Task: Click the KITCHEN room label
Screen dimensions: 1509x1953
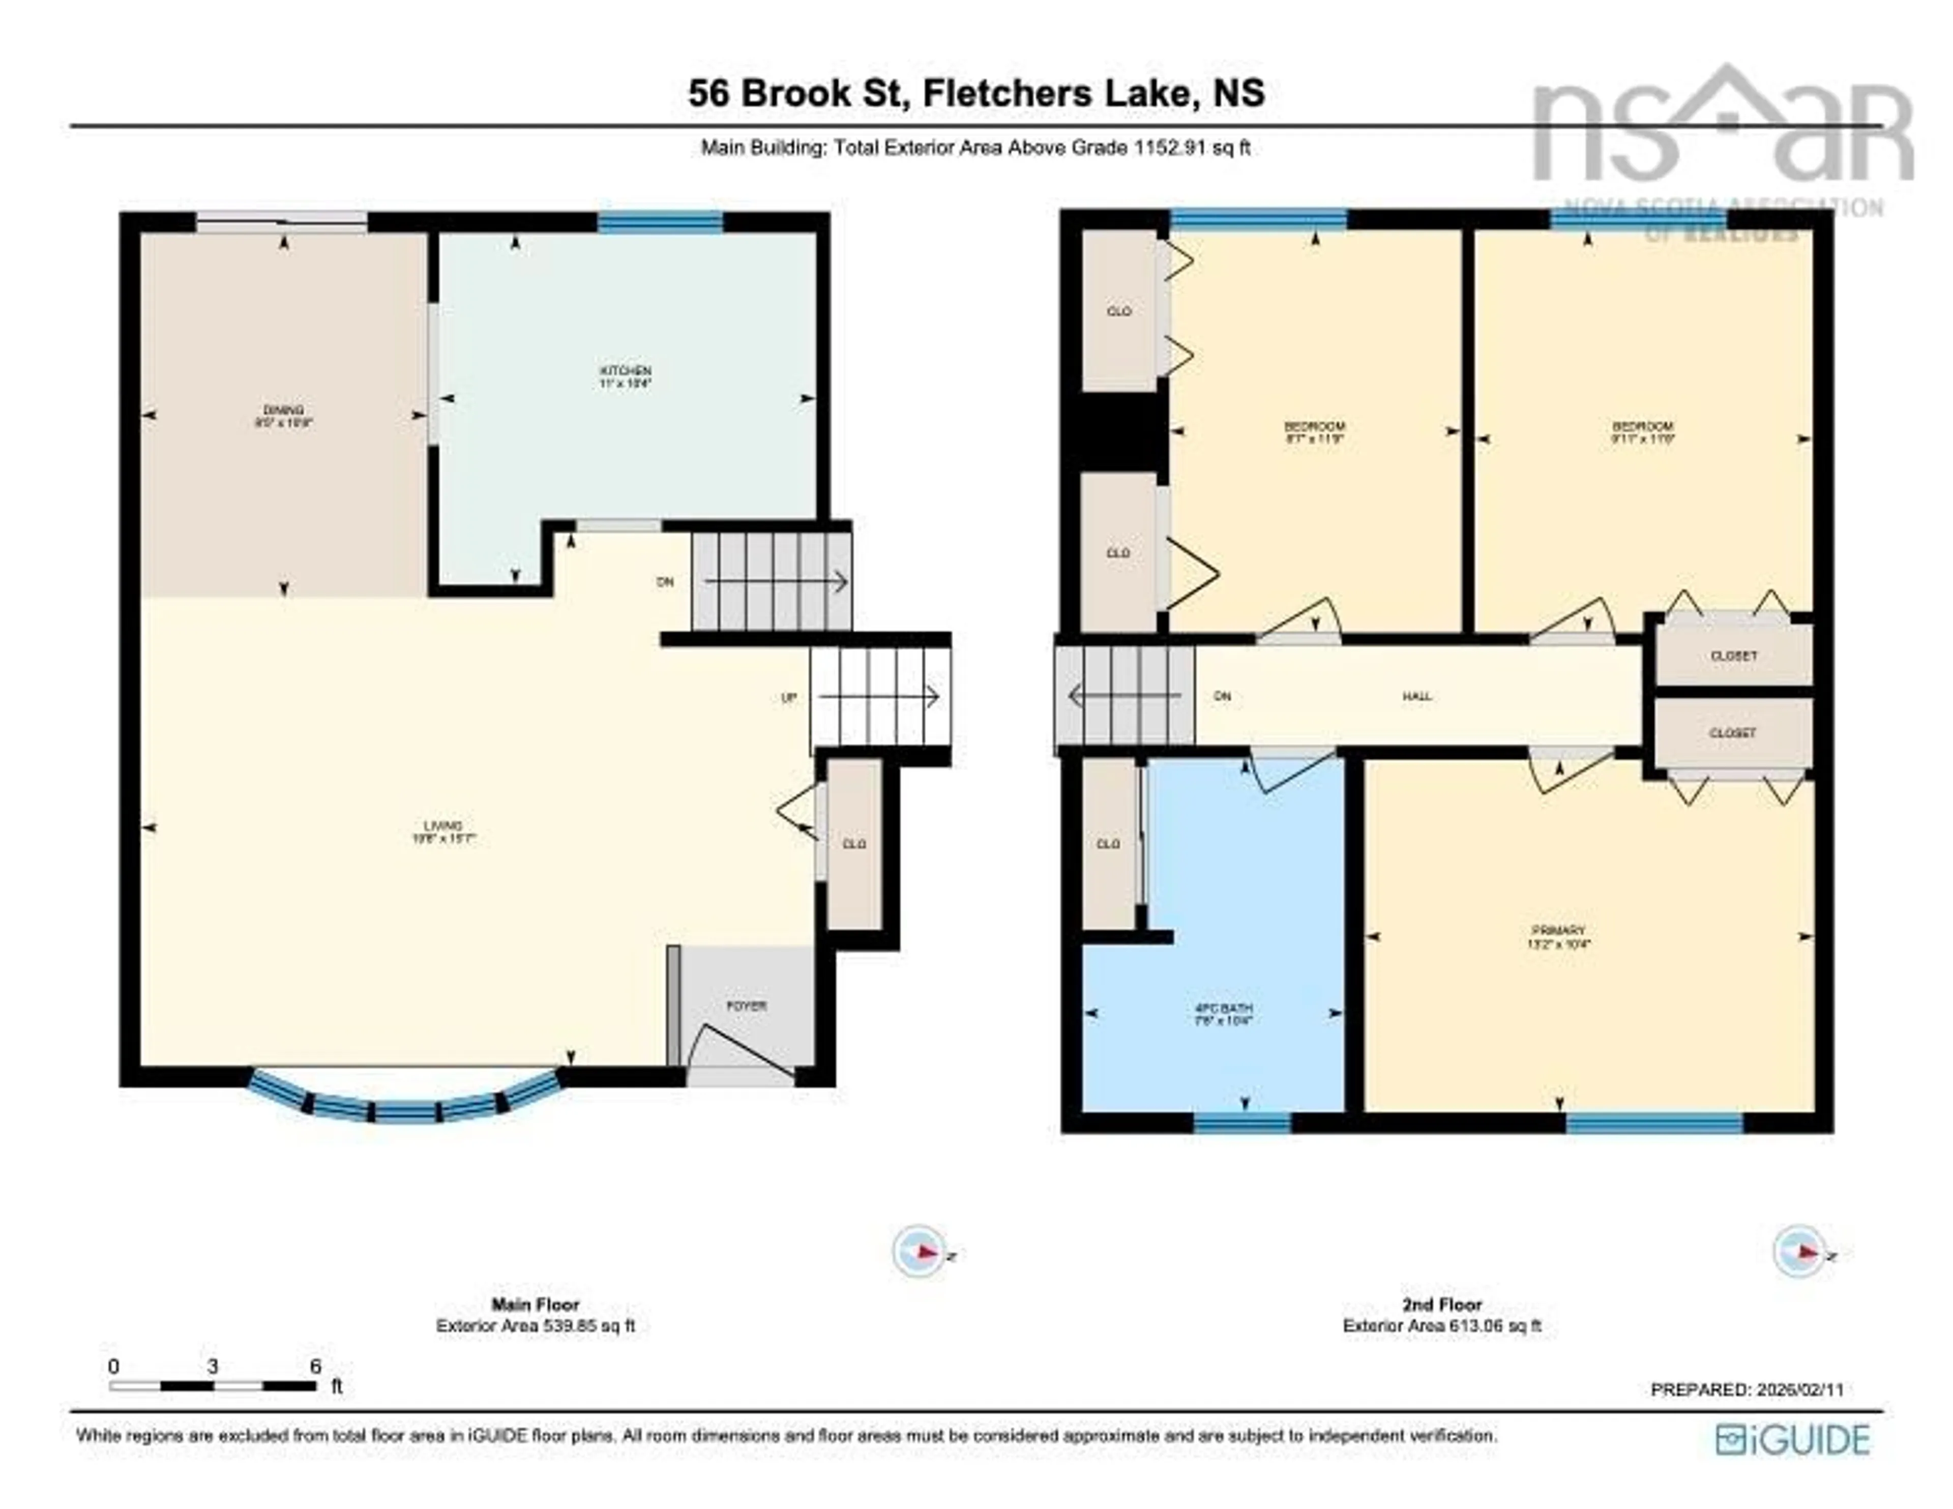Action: pyautogui.click(x=625, y=370)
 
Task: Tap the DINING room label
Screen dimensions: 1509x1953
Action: pyautogui.click(x=283, y=410)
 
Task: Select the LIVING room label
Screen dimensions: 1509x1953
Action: pyautogui.click(x=442, y=825)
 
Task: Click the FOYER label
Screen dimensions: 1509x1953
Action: pyautogui.click(x=746, y=1005)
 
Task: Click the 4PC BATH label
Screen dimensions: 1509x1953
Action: pyautogui.click(x=1223, y=1008)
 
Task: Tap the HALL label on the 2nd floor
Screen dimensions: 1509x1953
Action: pyautogui.click(x=1416, y=696)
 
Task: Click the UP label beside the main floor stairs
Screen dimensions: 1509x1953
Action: pyautogui.click(x=788, y=698)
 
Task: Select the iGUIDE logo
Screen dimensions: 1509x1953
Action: pyautogui.click(x=1792, y=1439)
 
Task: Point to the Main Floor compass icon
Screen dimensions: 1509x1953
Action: pyautogui.click(x=919, y=1251)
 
